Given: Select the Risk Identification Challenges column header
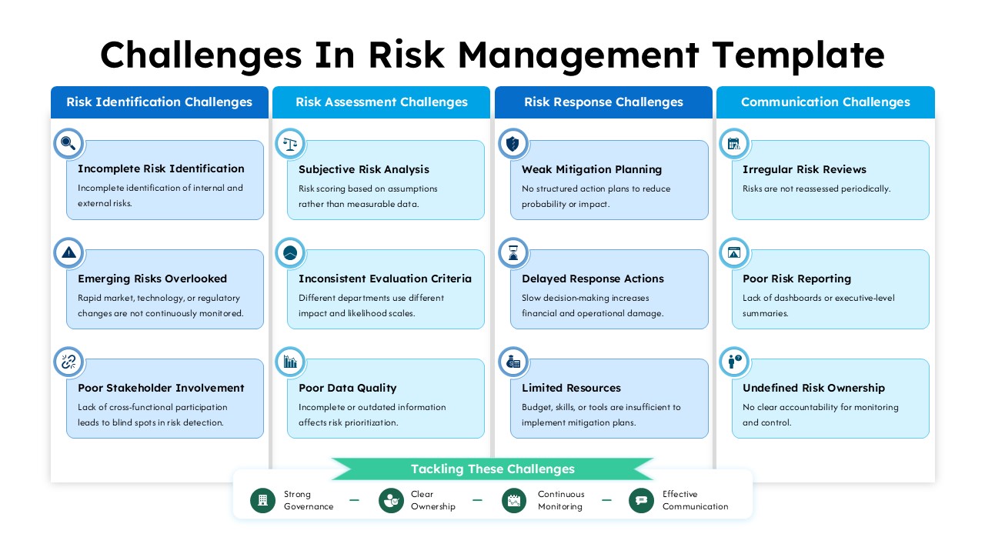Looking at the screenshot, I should click(159, 102).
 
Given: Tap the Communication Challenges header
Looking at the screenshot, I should click(825, 102).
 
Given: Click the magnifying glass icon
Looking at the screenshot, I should click(68, 143).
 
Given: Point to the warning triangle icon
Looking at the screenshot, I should click(68, 252).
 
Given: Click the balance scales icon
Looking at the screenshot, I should click(290, 143).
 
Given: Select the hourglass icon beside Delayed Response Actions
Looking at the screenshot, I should click(513, 252).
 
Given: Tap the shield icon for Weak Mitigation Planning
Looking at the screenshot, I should click(513, 143).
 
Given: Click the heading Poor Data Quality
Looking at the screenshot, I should click(347, 388).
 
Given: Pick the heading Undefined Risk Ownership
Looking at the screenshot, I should click(813, 388).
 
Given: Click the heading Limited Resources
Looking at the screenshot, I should click(571, 388).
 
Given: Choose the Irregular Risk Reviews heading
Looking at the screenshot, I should click(804, 169).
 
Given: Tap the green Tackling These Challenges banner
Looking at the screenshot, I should click(492, 469).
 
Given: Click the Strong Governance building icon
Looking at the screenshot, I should click(262, 500).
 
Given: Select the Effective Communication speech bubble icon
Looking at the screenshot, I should click(641, 500).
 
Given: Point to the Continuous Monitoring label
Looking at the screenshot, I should click(560, 500).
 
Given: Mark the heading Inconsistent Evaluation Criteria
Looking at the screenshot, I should click(385, 279).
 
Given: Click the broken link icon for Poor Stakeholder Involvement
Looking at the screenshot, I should click(68, 362).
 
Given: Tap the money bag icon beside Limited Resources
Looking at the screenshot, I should click(513, 362).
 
